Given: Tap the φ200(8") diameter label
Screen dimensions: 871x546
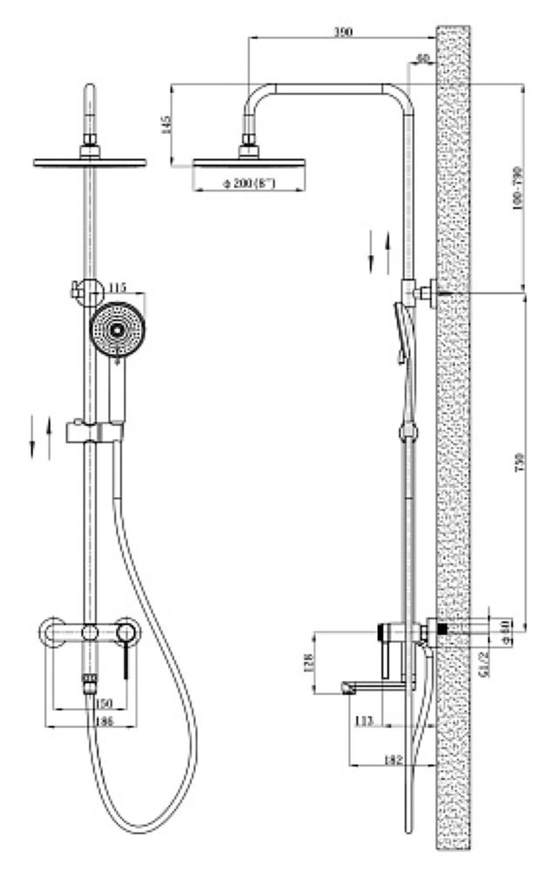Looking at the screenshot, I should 249,184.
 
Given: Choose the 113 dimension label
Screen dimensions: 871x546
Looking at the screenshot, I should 365,719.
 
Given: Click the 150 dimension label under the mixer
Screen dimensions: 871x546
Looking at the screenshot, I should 104,703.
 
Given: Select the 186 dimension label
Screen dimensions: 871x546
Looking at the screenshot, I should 103,721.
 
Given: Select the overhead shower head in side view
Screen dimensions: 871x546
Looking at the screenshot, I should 248,162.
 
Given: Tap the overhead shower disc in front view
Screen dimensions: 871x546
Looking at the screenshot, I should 90,161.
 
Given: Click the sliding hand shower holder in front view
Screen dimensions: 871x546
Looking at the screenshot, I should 96,429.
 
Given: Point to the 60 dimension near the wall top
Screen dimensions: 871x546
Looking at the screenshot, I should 424,59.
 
